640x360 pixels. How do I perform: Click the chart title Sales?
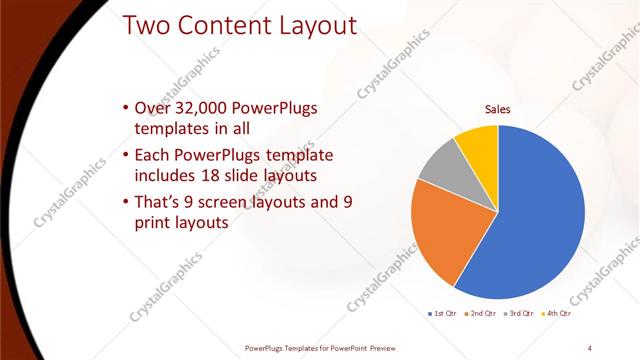click(498, 110)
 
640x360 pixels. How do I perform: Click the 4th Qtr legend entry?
click(557, 314)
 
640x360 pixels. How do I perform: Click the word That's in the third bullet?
click(159, 202)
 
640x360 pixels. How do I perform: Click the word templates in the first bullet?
click(172, 128)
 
